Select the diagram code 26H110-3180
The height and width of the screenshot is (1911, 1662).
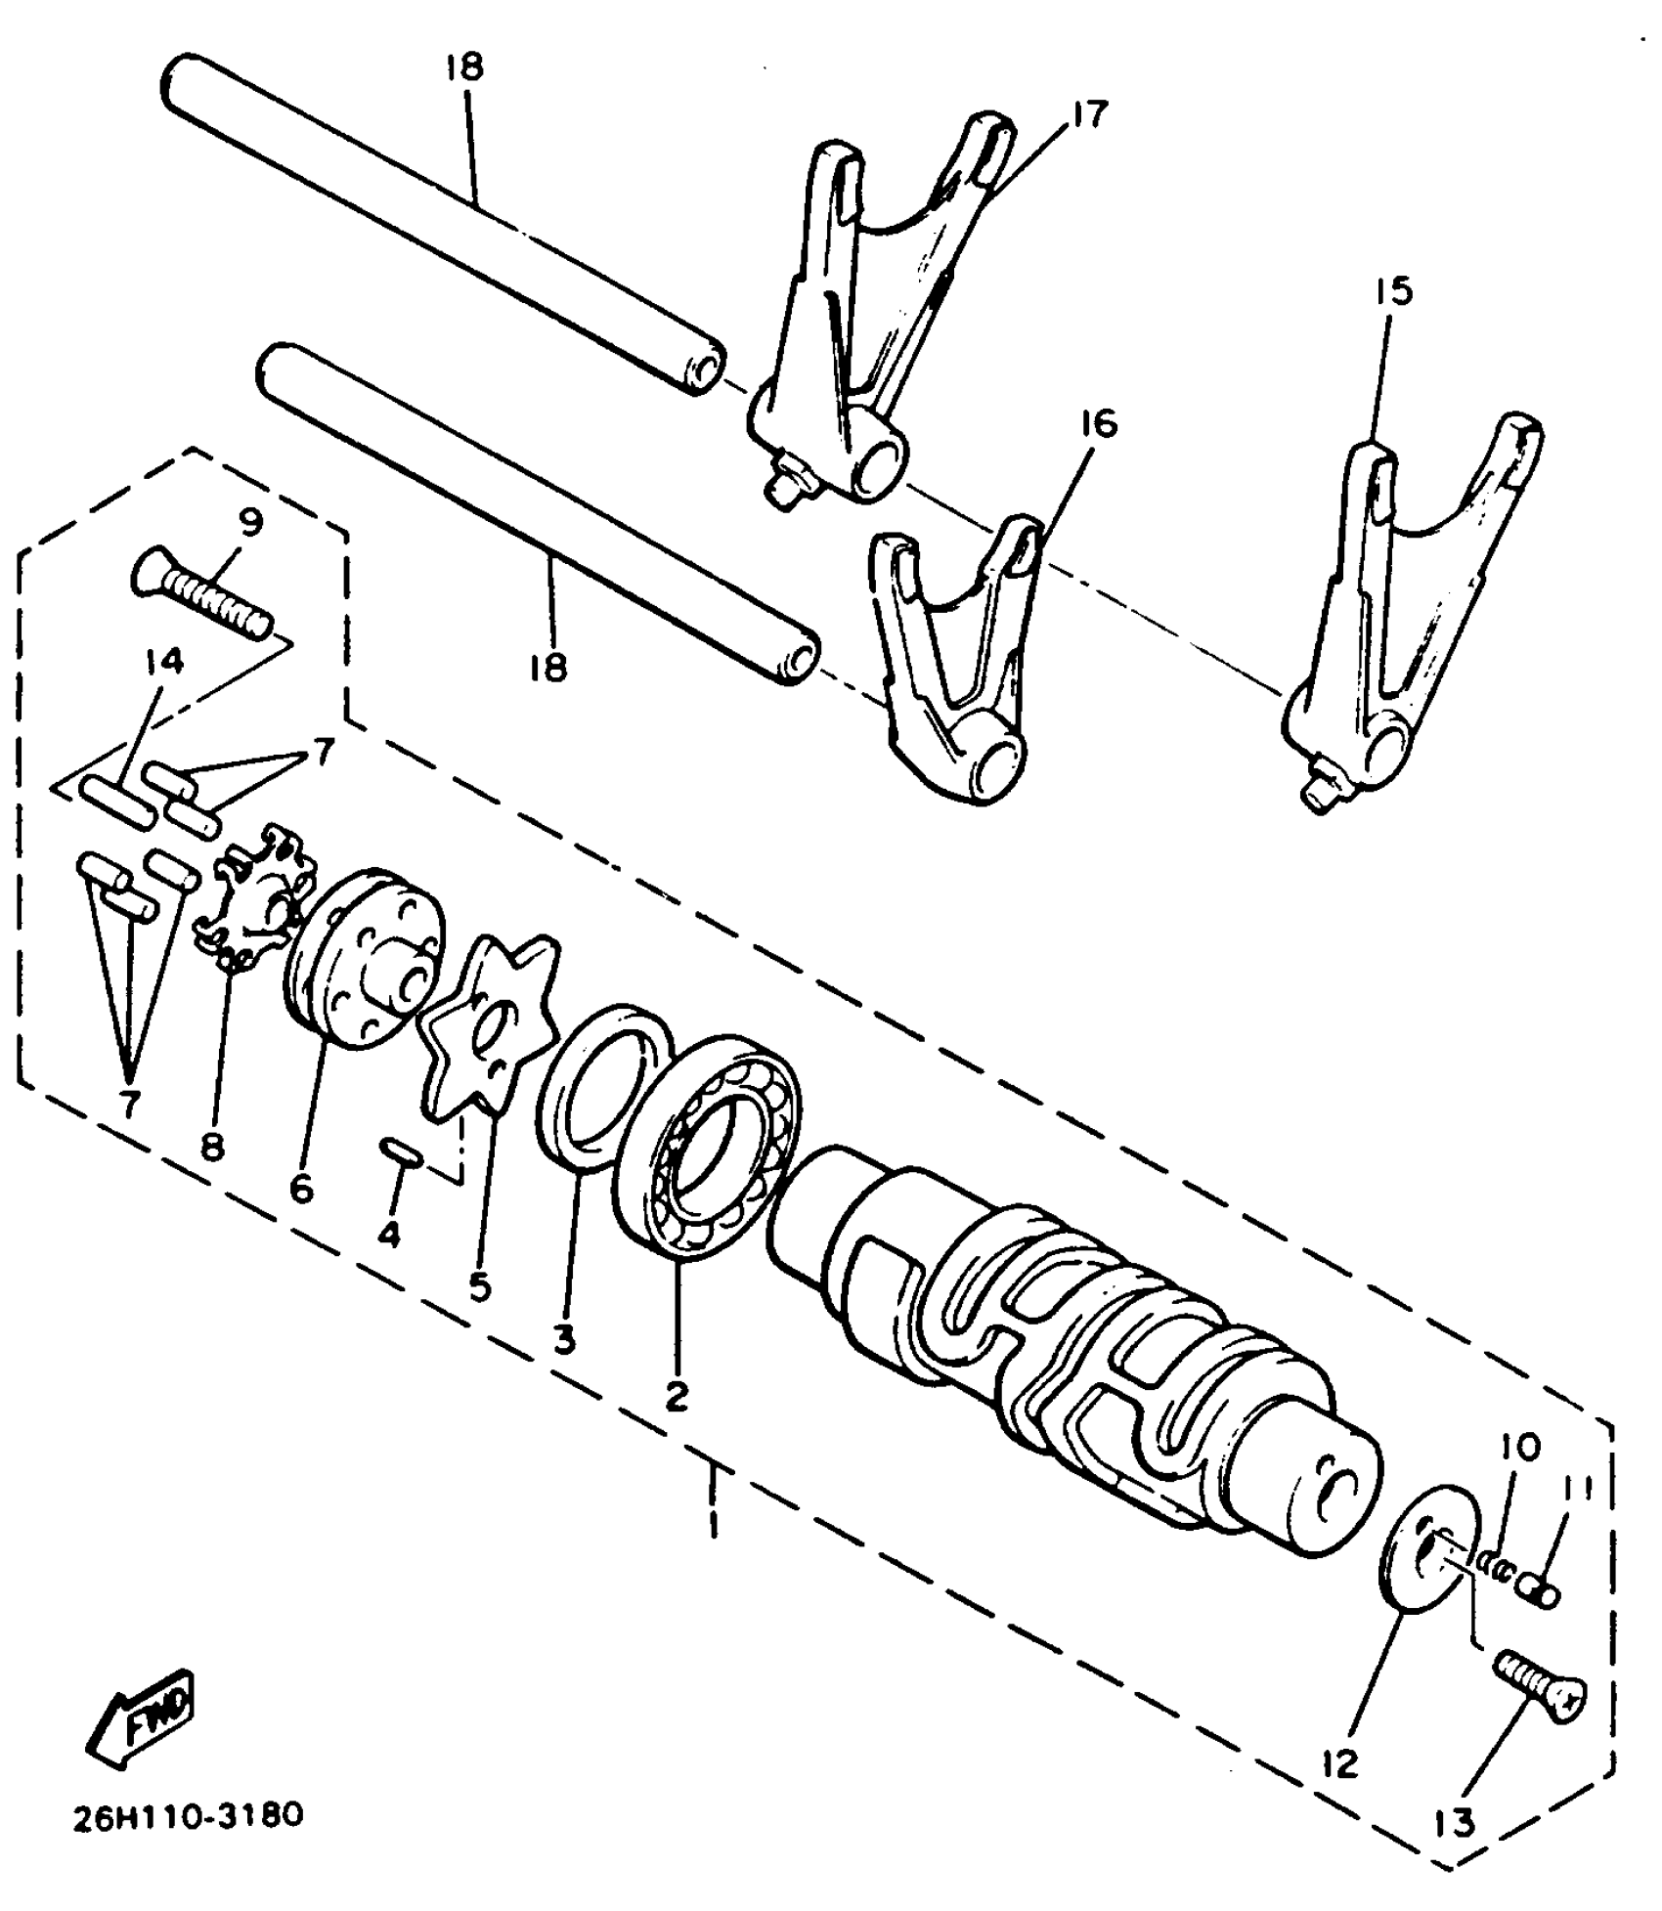pos(189,1816)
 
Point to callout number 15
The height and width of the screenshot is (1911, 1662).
pos(1394,290)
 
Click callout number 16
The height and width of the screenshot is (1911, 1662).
pos(1097,424)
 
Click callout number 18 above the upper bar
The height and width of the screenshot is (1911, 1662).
pos(465,66)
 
